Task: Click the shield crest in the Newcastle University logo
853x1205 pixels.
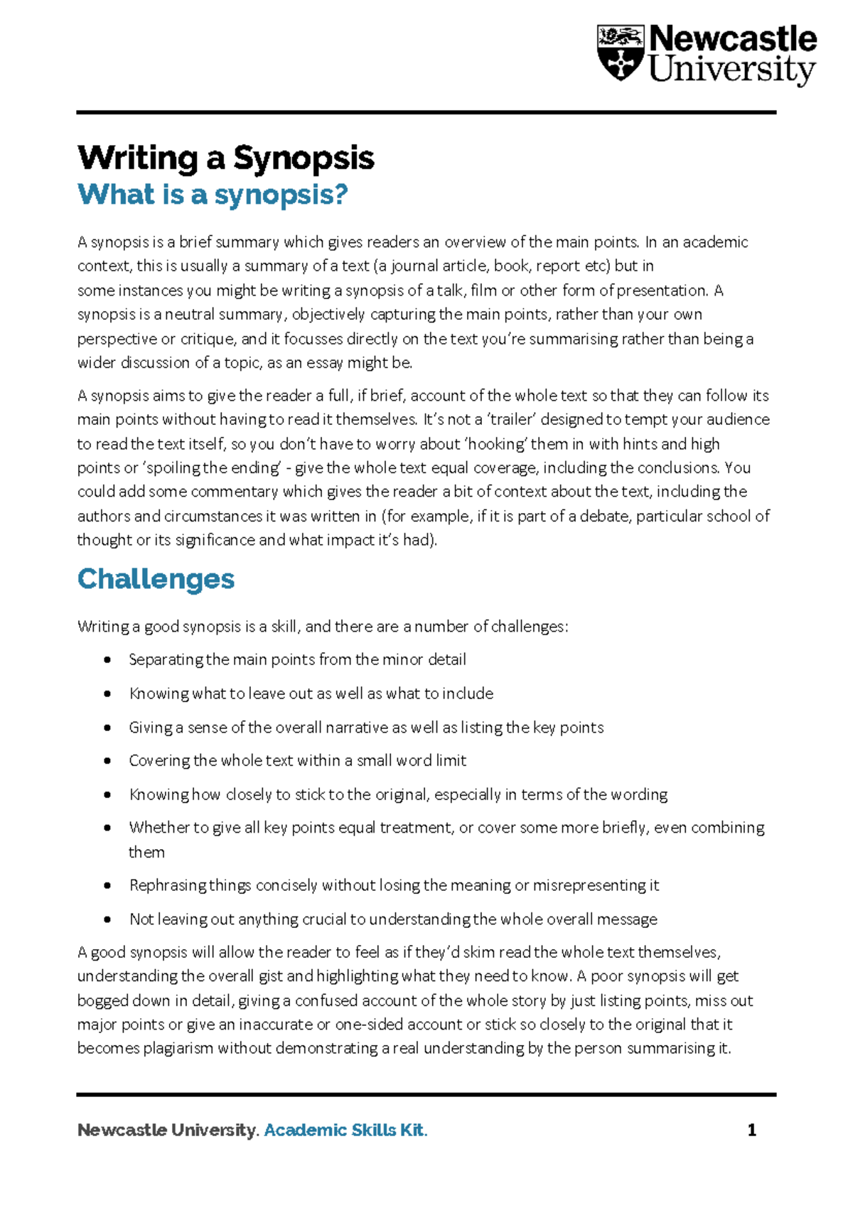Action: pyautogui.click(x=620, y=53)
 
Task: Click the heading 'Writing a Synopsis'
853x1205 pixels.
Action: pyautogui.click(x=225, y=158)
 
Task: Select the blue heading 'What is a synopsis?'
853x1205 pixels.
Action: pyautogui.click(x=213, y=195)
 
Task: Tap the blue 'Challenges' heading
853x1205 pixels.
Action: pyautogui.click(x=156, y=579)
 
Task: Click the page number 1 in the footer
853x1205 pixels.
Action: pyautogui.click(x=751, y=1130)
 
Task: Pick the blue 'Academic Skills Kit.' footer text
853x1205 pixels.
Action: pyautogui.click(x=345, y=1130)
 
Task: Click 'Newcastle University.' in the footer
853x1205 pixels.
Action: pyautogui.click(x=168, y=1130)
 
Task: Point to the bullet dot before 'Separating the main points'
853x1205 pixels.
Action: pyautogui.click(x=107, y=660)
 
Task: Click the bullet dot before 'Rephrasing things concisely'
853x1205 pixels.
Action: pyautogui.click(x=107, y=886)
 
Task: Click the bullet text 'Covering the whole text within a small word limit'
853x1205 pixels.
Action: pyautogui.click(x=297, y=761)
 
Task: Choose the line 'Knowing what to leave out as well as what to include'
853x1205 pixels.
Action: pyautogui.click(x=311, y=694)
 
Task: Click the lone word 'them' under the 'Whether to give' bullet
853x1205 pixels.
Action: pyautogui.click(x=146, y=853)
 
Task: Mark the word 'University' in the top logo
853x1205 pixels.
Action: pyautogui.click(x=732, y=71)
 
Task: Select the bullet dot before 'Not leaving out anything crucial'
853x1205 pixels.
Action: pyautogui.click(x=107, y=920)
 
